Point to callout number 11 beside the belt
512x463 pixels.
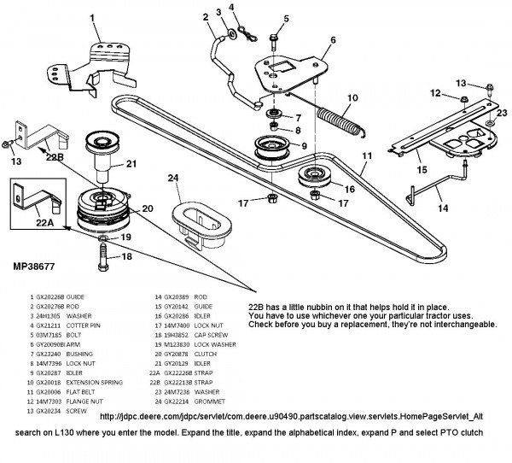[x=367, y=157]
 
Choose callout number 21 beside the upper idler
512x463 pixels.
[x=132, y=165]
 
